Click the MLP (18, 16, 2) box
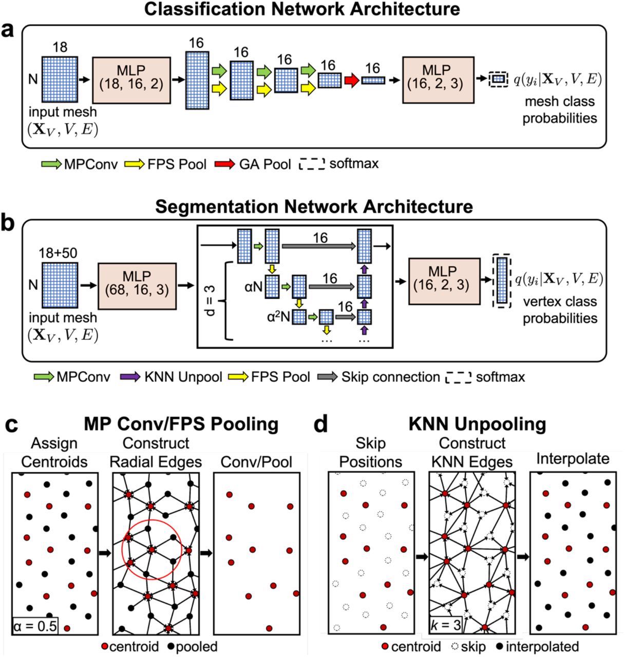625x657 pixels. (131, 80)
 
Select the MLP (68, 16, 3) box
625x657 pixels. (137, 284)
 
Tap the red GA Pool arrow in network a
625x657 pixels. (351, 80)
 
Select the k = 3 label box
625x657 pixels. (445, 624)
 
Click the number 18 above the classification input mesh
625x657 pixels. (60, 48)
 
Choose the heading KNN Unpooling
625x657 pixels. (477, 424)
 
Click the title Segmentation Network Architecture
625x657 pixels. (313, 206)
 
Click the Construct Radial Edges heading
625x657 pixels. (156, 452)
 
